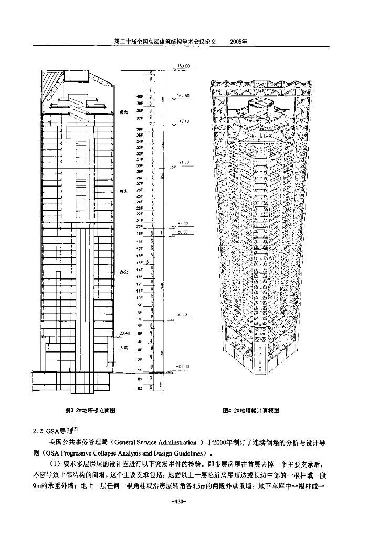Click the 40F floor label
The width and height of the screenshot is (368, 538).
[140, 97]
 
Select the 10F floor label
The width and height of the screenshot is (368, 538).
[140, 297]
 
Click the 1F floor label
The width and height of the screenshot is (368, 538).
[140, 371]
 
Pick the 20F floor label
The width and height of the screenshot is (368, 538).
[140, 226]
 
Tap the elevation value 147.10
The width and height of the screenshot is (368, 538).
[183, 121]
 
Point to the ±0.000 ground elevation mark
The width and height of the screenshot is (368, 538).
[183, 366]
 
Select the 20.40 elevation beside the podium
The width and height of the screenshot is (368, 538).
[124, 333]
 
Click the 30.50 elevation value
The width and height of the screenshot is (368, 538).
[182, 314]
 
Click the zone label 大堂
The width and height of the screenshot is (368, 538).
[124, 347]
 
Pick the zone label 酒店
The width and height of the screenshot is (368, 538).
[124, 192]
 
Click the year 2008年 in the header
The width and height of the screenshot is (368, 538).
[239, 40]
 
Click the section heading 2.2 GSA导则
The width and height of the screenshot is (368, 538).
[56, 430]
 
